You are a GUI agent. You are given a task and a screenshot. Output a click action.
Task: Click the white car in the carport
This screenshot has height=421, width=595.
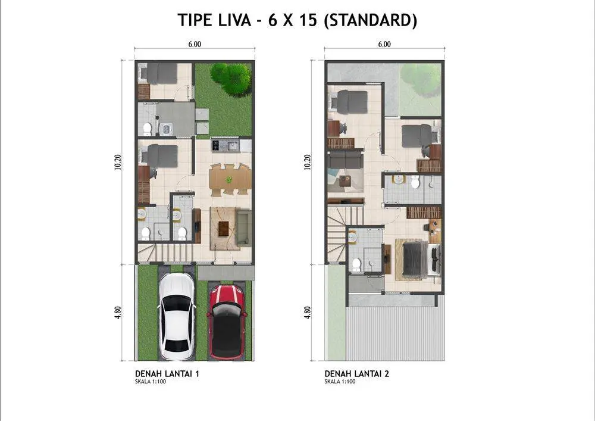(x=177, y=316)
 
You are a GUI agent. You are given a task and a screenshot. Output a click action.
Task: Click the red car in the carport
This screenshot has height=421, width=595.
(x=227, y=322)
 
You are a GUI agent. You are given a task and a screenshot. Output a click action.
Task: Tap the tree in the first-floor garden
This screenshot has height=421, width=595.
(x=231, y=79)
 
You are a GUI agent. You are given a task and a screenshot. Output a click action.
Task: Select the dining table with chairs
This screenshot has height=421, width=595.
(x=230, y=180)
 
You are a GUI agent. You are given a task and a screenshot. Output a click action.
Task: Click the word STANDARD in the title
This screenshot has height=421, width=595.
(x=370, y=20)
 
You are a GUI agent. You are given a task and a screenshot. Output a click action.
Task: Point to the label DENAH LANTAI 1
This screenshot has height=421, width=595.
(x=167, y=373)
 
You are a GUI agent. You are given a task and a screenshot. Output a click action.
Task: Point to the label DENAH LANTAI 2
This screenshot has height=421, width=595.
(x=356, y=373)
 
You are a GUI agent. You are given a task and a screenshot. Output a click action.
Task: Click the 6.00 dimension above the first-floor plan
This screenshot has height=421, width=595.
(x=195, y=45)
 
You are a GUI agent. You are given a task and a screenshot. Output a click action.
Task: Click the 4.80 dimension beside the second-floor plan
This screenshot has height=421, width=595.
(x=308, y=313)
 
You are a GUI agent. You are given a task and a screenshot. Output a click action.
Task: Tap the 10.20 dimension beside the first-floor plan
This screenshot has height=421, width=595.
(x=118, y=162)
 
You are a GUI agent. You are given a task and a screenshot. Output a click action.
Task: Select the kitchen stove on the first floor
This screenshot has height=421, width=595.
(x=216, y=145)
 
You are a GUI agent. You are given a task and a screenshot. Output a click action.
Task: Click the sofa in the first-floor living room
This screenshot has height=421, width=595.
(x=243, y=227)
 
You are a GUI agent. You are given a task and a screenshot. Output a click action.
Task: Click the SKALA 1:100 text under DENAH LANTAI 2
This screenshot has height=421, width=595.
(x=340, y=382)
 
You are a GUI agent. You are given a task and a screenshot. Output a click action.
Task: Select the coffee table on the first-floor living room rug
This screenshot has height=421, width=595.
(x=224, y=228)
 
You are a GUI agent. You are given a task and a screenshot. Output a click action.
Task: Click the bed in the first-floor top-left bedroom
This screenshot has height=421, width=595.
(x=158, y=73)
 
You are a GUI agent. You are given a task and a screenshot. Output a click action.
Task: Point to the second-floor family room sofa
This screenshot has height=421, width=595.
(x=345, y=160)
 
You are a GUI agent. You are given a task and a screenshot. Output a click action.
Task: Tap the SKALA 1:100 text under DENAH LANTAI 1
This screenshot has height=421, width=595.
(x=151, y=382)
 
